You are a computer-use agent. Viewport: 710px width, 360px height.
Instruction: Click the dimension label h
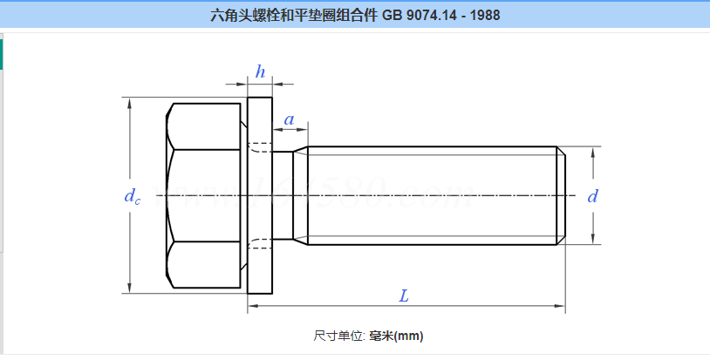pyautogui.click(x=260, y=72)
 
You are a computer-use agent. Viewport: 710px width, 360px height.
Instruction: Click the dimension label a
pyautogui.click(x=288, y=119)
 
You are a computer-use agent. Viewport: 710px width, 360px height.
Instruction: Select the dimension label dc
pyautogui.click(x=132, y=196)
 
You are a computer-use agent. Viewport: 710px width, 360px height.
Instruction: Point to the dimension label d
pyautogui.click(x=593, y=196)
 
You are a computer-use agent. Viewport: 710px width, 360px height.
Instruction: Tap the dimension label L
pyautogui.click(x=404, y=295)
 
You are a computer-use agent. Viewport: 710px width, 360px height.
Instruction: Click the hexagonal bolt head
pyautogui.click(x=202, y=196)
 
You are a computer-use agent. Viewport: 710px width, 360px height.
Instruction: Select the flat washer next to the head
pyautogui.click(x=260, y=196)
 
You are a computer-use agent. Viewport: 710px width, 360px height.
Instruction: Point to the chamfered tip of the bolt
pyautogui.click(x=561, y=196)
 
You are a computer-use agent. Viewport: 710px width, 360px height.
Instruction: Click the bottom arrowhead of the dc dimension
pyautogui.click(x=130, y=289)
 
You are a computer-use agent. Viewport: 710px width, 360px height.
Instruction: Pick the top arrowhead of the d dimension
pyautogui.click(x=595, y=152)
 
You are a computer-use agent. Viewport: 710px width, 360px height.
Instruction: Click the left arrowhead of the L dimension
pyautogui.click(x=252, y=306)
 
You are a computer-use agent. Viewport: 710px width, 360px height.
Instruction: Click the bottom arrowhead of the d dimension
pyautogui.click(x=595, y=240)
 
